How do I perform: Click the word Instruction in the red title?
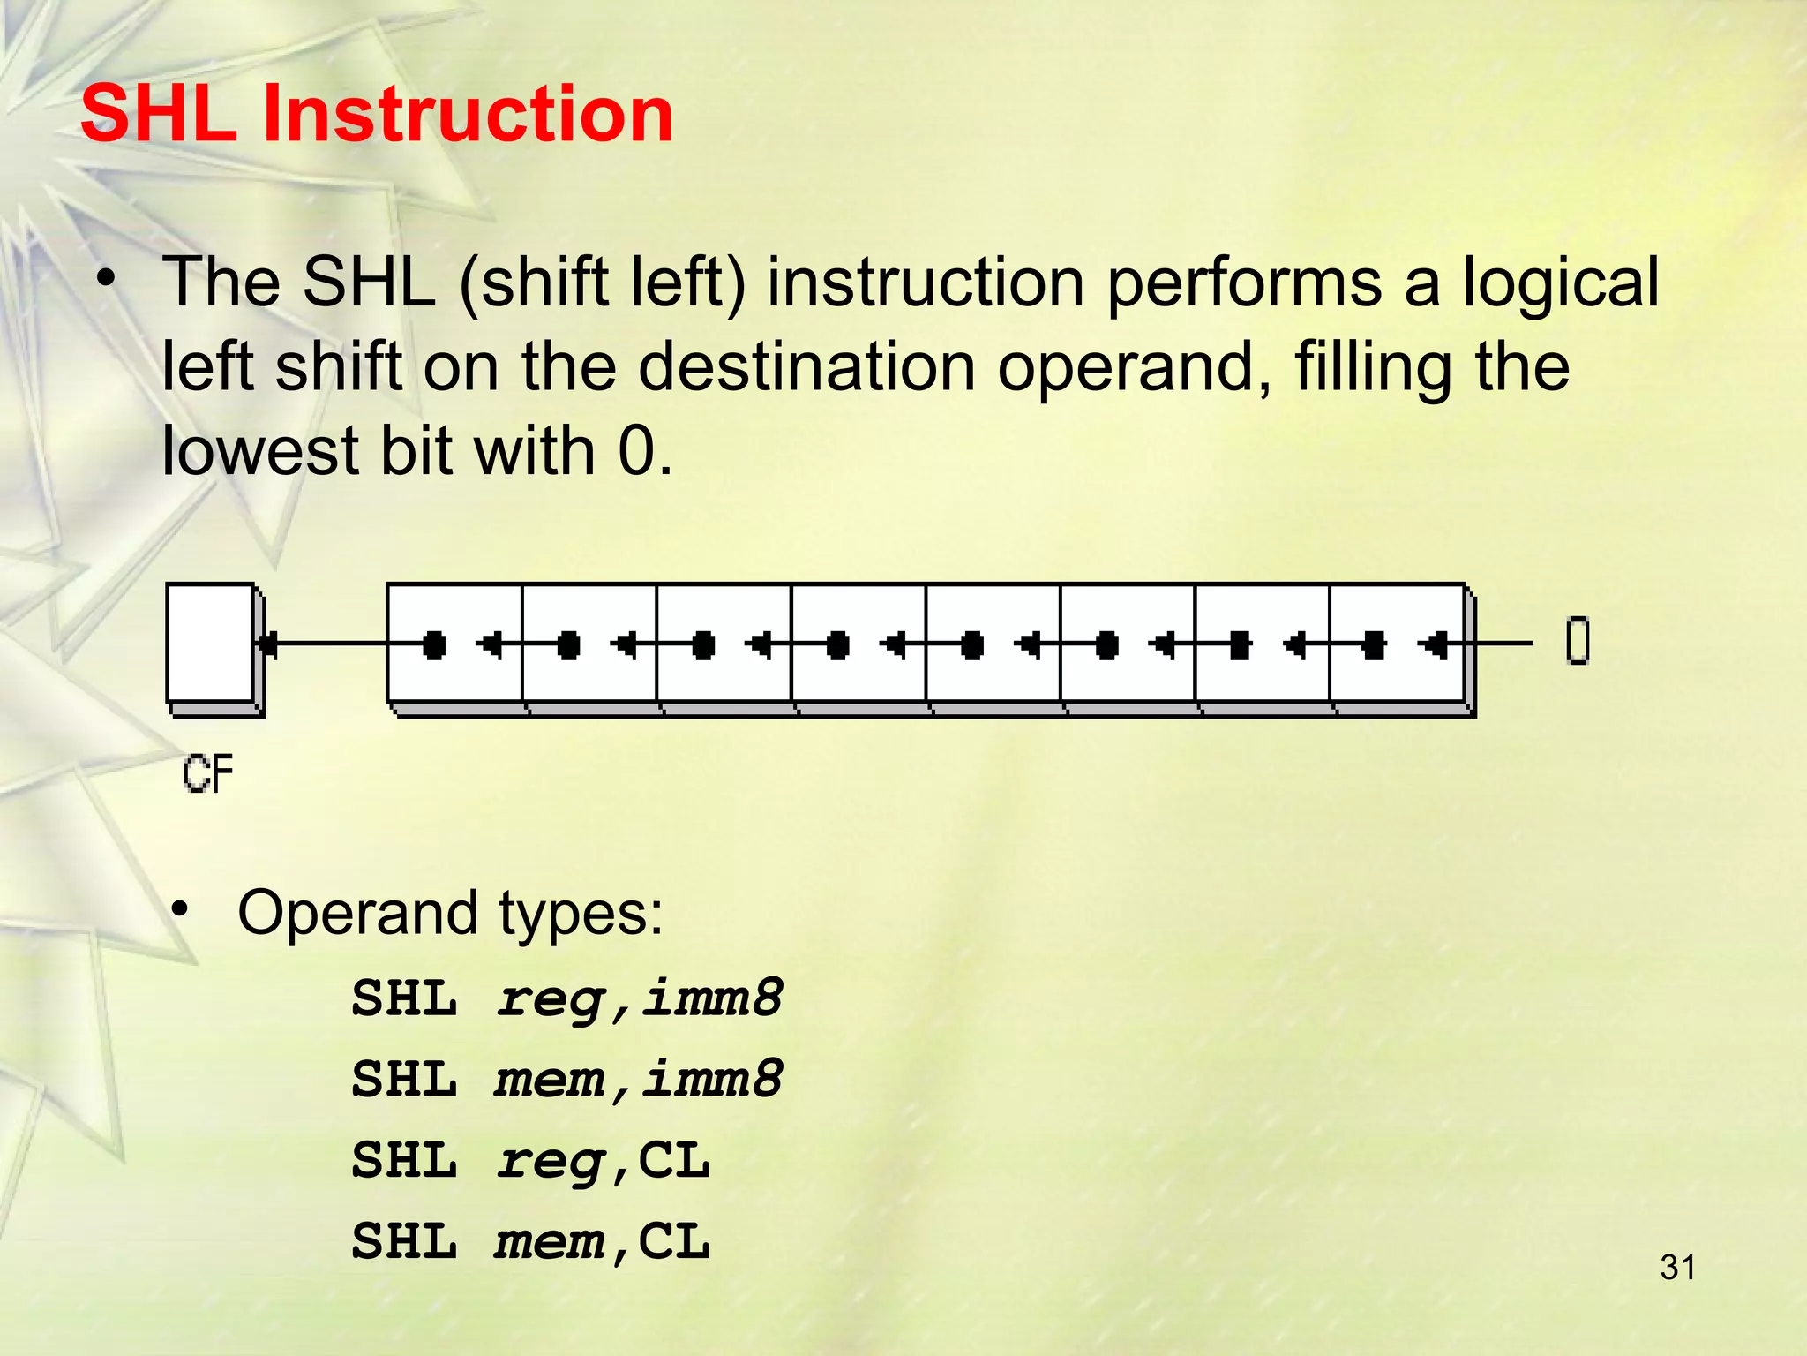(x=468, y=114)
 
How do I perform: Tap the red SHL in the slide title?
(x=159, y=114)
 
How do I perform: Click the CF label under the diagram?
(x=208, y=774)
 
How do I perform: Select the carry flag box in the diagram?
(x=211, y=644)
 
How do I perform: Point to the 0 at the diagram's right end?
(x=1578, y=641)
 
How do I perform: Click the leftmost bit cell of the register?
(x=455, y=644)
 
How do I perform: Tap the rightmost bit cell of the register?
(x=1398, y=644)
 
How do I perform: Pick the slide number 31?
(x=1677, y=1268)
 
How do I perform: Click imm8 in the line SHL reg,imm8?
(x=711, y=998)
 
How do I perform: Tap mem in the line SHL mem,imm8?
(x=549, y=1079)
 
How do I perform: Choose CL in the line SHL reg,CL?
(x=673, y=1160)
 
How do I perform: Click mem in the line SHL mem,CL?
(x=549, y=1241)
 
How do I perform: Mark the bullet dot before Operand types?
(x=181, y=908)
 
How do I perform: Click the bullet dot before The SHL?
(x=107, y=279)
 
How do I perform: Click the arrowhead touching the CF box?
(x=268, y=644)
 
